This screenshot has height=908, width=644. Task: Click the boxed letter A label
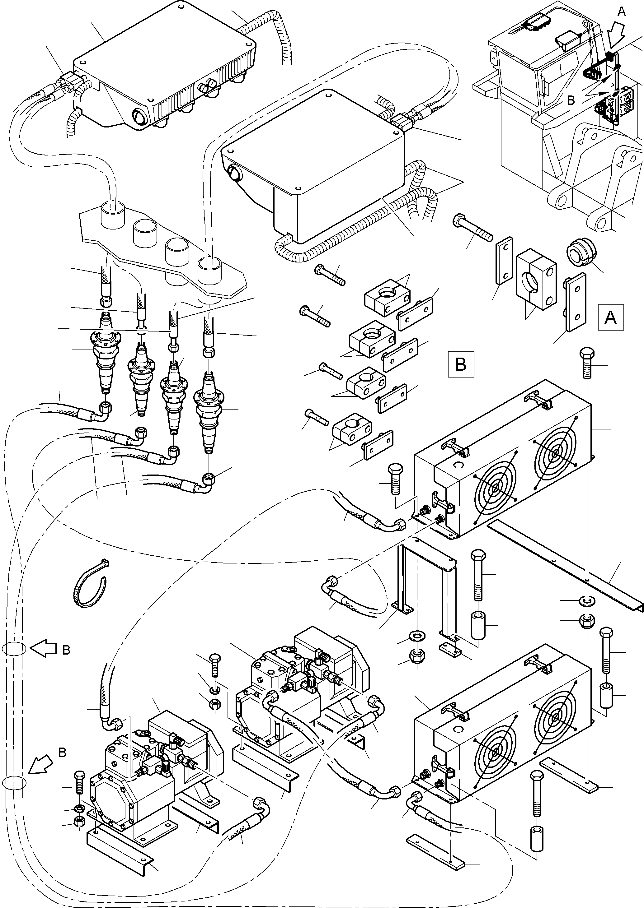pyautogui.click(x=610, y=317)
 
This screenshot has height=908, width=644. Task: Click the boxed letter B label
pyautogui.click(x=460, y=364)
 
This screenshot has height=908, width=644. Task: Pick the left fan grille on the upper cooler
pyautogui.click(x=496, y=489)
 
